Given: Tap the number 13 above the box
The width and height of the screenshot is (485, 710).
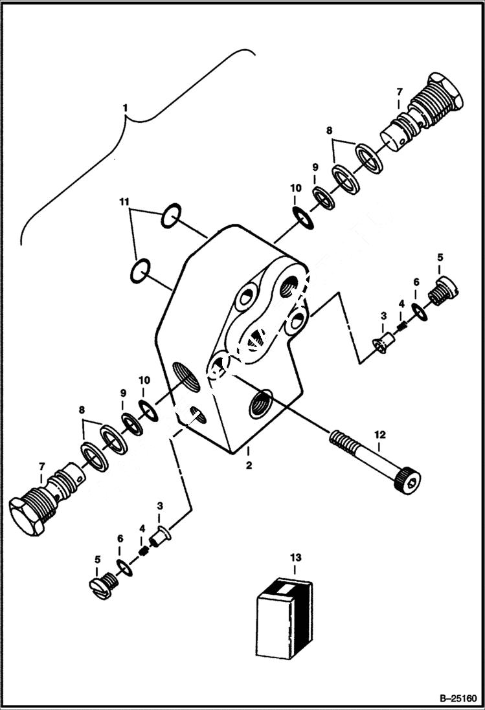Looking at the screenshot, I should click(x=295, y=557).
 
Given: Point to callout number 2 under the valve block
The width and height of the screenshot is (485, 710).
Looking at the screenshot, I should click(x=248, y=465).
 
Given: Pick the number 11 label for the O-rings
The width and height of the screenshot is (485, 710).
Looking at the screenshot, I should click(x=124, y=203).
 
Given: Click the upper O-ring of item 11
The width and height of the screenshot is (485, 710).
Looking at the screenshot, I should click(x=170, y=216).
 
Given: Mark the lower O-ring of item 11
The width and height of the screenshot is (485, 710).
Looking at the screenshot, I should click(x=141, y=270).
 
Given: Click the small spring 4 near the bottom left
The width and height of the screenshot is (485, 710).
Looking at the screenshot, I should click(x=144, y=552).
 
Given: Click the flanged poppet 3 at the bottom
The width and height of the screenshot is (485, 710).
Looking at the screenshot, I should click(x=160, y=537).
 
